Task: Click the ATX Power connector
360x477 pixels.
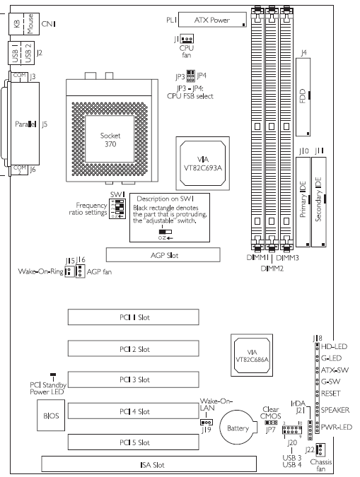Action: click(212, 20)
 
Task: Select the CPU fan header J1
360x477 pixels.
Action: click(187, 39)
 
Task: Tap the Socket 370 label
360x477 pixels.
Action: click(110, 140)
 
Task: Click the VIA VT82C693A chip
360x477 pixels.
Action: click(202, 163)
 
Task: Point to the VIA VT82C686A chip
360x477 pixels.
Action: click(252, 355)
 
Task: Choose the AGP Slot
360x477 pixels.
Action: click(163, 255)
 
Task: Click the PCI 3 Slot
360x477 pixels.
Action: click(134, 379)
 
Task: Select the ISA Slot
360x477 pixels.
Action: click(149, 464)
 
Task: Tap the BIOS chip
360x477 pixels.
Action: click(51, 416)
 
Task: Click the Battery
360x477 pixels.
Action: click(238, 428)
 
